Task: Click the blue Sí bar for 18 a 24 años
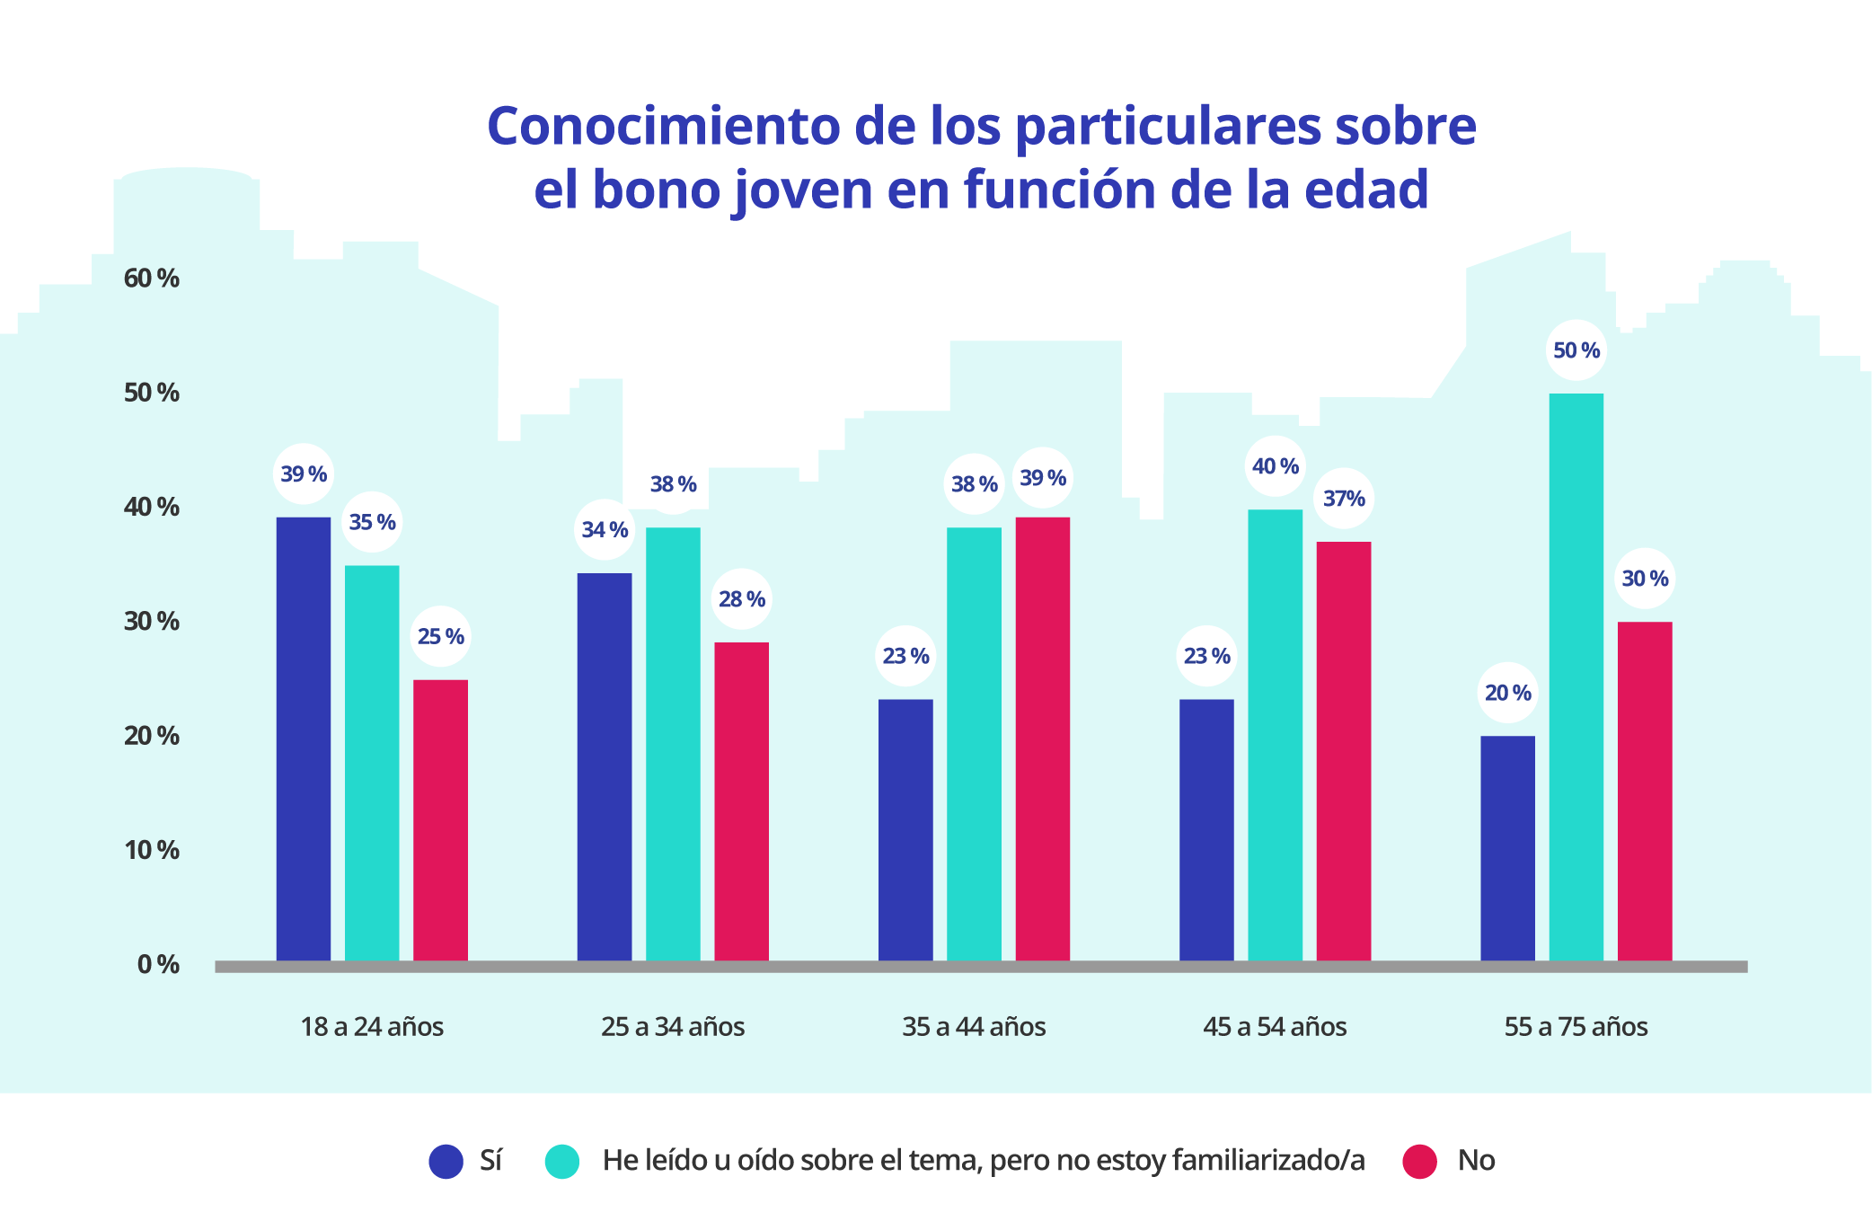[x=304, y=739]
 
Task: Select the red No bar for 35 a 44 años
[x=1042, y=739]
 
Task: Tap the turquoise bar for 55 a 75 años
[x=1576, y=677]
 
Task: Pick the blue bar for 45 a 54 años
[x=1206, y=829]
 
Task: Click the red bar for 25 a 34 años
[x=741, y=801]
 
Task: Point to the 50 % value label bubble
[x=1576, y=350]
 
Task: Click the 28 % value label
[x=742, y=599]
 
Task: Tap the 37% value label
[x=1344, y=499]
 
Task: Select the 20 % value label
[x=1507, y=693]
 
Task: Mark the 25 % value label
[x=440, y=636]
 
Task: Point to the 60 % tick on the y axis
[x=152, y=279]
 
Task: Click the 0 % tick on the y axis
[x=158, y=964]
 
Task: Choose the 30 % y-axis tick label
[x=152, y=621]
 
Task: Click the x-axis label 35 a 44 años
[x=974, y=1026]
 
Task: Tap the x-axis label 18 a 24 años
[x=372, y=1026]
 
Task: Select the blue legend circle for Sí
[x=446, y=1161]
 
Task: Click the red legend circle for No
[x=1419, y=1161]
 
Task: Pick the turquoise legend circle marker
[x=562, y=1161]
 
